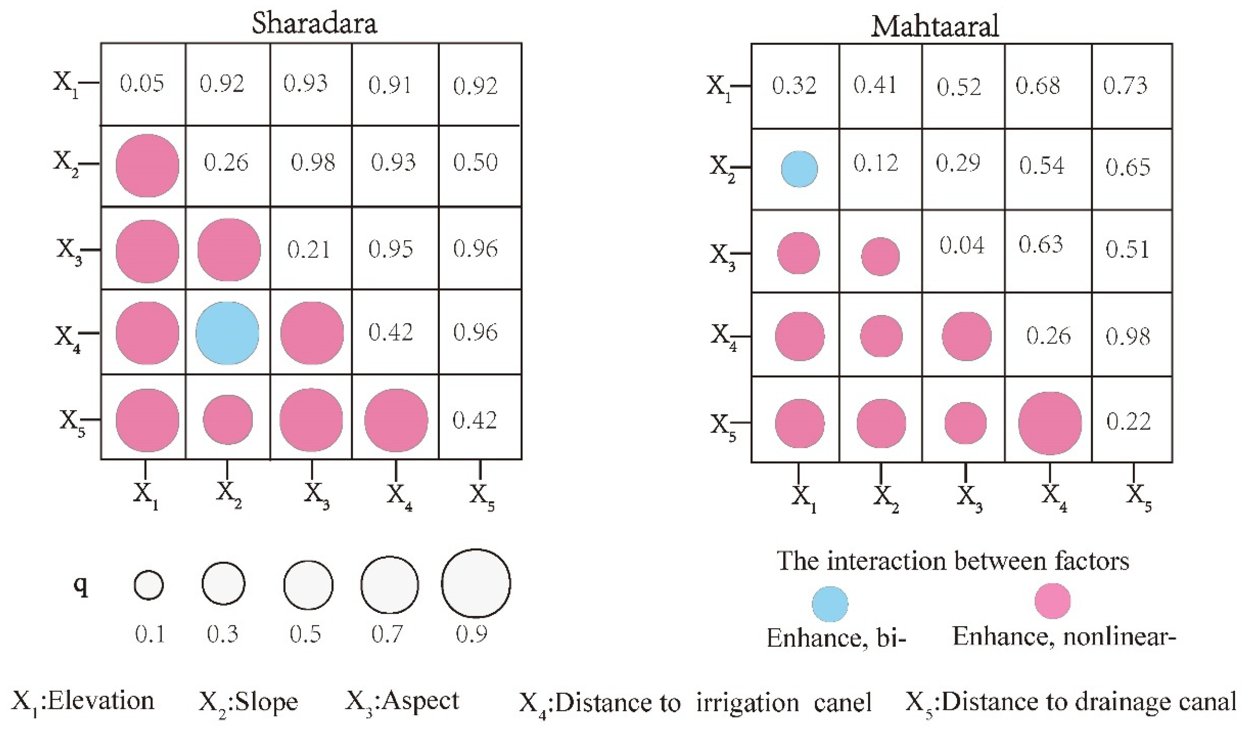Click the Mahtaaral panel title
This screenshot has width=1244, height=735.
click(935, 26)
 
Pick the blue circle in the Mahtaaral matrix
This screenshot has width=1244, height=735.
click(799, 169)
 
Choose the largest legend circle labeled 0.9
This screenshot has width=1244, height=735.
click(476, 583)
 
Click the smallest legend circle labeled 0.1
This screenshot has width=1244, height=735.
click(149, 585)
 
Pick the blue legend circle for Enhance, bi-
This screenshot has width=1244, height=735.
click(830, 604)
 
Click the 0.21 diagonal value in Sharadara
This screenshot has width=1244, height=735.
click(308, 249)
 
